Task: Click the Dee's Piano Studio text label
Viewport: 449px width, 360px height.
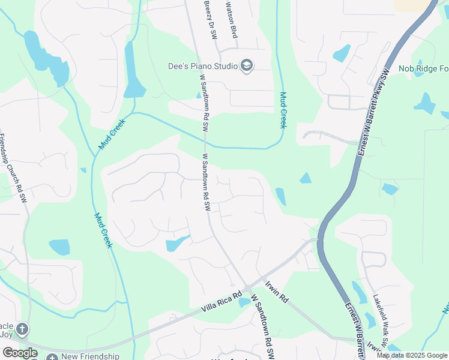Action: tap(203, 65)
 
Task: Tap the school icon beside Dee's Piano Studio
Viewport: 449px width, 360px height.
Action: tap(246, 65)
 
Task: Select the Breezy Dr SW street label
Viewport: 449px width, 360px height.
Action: tap(210, 20)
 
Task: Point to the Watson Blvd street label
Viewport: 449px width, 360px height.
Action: tap(232, 20)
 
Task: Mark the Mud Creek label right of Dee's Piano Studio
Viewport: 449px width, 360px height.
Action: tap(283, 109)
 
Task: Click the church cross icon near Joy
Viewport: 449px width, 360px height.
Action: tap(22, 329)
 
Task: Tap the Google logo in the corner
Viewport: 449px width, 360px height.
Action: tap(20, 353)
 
